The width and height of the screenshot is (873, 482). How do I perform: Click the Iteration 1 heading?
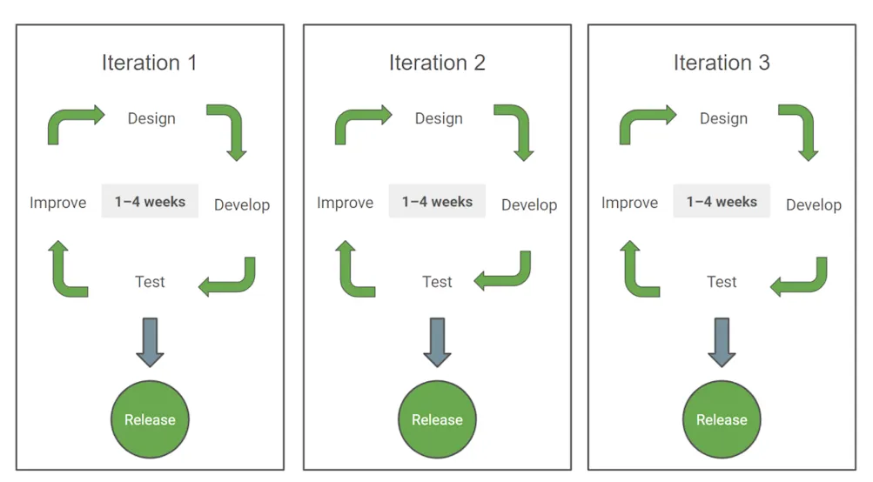(x=150, y=64)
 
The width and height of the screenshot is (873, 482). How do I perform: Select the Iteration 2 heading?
(x=437, y=64)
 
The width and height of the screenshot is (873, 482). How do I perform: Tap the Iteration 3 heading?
(x=722, y=64)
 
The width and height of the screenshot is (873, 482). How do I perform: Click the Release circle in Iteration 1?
(x=150, y=419)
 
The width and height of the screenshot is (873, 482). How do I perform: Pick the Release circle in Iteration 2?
(x=437, y=419)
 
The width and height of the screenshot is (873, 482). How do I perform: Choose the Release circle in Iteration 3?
(x=722, y=419)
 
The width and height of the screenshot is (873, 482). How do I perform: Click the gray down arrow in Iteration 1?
(x=150, y=341)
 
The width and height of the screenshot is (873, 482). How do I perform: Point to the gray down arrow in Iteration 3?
(x=722, y=341)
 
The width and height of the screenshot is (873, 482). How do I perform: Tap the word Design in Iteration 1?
(x=151, y=118)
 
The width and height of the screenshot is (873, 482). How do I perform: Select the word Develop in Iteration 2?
(x=529, y=205)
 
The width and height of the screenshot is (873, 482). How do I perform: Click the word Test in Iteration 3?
(x=722, y=282)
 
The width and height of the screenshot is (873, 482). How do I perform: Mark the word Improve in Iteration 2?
(x=345, y=203)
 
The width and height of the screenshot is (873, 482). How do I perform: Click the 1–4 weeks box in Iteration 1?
(x=150, y=202)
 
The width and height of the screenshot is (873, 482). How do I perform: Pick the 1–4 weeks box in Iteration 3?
(x=722, y=202)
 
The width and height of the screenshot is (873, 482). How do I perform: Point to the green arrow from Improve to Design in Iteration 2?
(x=357, y=124)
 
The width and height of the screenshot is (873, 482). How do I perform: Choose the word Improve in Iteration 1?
(x=58, y=203)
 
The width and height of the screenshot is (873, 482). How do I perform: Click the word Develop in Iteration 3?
(x=814, y=205)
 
